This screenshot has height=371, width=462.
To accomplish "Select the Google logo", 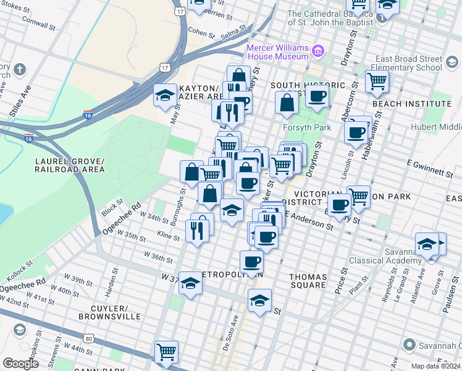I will click(21, 364).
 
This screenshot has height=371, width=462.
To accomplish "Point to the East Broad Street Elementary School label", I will click(408, 64).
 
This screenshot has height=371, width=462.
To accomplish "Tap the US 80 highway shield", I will click(90, 338).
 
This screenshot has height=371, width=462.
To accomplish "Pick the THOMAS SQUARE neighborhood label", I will click(308, 280).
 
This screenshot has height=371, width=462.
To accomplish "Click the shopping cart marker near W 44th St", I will click(166, 352).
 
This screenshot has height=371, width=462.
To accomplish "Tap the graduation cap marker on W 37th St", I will click(191, 283).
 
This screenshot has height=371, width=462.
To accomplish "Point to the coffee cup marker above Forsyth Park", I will click(317, 96).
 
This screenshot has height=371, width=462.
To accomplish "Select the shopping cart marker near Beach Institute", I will click(376, 80).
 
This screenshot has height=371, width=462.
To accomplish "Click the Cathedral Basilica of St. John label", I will click(333, 19).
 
